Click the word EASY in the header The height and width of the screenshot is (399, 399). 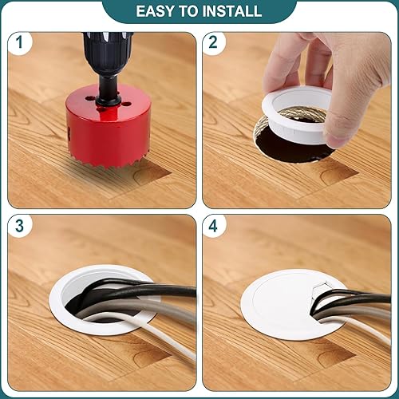point(155,11)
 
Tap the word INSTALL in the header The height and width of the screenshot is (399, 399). point(232,11)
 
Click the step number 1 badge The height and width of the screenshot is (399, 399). point(19,42)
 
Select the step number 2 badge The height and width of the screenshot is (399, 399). point(214,42)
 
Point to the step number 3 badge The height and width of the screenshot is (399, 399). point(19,226)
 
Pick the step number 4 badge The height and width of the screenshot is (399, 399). point(214,226)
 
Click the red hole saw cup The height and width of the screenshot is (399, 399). point(108,126)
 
